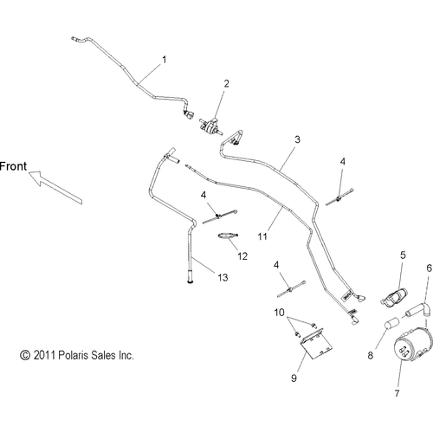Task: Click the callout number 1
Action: (165, 60)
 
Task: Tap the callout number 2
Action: (227, 83)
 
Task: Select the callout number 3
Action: (297, 139)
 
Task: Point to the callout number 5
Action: (403, 255)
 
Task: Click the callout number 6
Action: (430, 268)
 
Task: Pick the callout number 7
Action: (397, 393)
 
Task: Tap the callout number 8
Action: (371, 355)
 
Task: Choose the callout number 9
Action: (294, 378)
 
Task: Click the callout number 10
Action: (279, 312)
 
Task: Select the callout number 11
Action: (262, 236)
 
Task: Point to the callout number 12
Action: (242, 256)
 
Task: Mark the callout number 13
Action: (223, 277)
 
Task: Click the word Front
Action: (13, 166)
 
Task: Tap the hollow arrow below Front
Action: (55, 187)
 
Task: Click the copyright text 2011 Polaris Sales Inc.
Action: (77, 355)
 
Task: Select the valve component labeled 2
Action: (210, 126)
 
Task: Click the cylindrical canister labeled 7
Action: (413, 346)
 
